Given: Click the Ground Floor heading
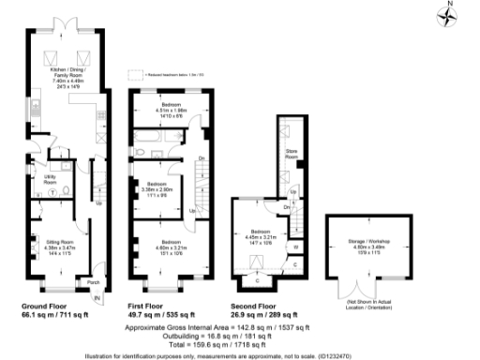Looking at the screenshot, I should (x=49, y=307).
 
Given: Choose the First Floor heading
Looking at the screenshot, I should (x=152, y=307).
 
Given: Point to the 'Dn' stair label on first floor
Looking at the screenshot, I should (x=202, y=157).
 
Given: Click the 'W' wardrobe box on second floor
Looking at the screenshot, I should (x=296, y=247).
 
